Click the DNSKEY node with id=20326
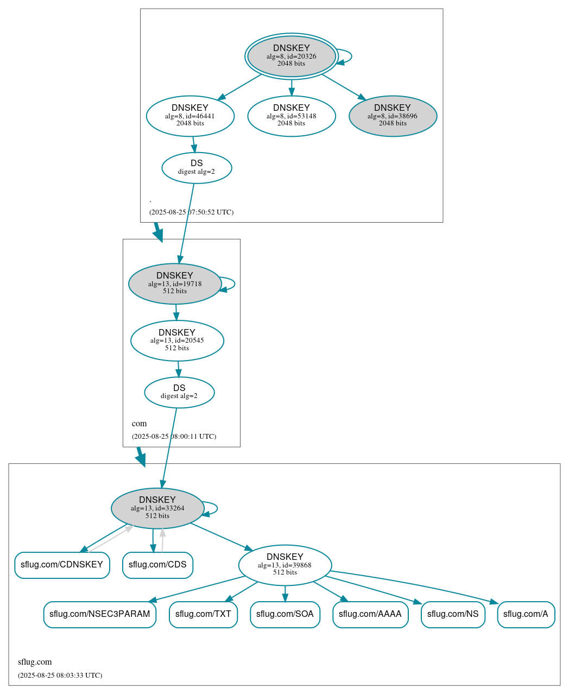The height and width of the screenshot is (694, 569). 292,56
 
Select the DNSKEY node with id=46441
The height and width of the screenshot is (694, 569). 190,116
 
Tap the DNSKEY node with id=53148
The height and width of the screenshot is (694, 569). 292,116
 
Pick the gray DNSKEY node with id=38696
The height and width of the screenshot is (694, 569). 393,116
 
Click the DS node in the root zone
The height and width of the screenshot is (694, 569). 197,168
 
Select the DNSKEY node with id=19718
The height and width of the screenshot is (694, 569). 175,283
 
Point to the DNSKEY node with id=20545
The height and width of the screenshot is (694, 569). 177,340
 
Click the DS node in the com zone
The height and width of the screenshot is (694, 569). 179,392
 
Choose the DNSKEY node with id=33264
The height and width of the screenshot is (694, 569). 157,508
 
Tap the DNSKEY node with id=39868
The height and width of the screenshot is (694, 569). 285,565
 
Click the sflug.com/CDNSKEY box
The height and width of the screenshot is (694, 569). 62,565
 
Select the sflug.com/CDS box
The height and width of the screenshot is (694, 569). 157,565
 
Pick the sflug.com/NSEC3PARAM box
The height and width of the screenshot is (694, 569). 100,615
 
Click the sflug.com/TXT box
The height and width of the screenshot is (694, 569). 203,615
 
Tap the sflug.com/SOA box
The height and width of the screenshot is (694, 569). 285,615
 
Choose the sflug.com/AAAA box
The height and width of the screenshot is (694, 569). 370,615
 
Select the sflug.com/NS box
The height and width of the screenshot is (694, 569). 453,615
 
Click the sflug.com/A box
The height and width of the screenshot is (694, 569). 526,615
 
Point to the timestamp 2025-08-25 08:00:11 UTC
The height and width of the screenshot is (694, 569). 174,437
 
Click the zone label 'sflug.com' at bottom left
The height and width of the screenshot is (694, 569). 35,662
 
